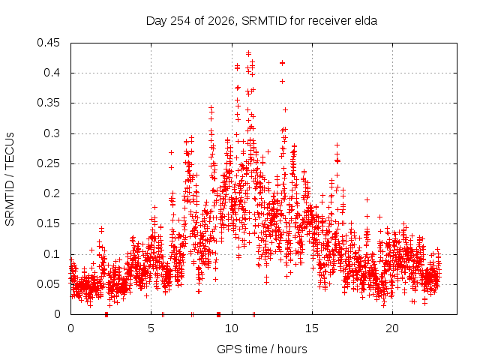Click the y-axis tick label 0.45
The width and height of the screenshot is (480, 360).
[48, 43]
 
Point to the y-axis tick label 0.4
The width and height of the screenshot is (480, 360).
[52, 73]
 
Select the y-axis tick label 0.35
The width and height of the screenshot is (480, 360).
[48, 103]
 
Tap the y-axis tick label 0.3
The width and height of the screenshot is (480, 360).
[52, 133]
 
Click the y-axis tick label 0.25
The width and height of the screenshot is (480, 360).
[48, 163]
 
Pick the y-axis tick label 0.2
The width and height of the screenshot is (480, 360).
[52, 193]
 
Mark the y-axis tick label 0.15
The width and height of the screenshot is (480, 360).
[48, 223]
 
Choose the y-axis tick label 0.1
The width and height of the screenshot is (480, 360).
[52, 253]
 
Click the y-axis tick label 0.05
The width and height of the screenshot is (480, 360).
[48, 283]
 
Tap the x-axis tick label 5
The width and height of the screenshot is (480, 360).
[151, 328]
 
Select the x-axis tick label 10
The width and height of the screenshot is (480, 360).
[232, 328]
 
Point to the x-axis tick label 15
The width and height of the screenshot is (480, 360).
[312, 328]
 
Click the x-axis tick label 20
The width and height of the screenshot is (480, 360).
[392, 328]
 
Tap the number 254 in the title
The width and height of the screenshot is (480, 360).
[181, 21]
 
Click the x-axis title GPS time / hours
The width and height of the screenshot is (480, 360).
[262, 349]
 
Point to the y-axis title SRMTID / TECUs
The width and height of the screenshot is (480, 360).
[10, 179]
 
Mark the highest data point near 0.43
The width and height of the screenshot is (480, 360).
[248, 53]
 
